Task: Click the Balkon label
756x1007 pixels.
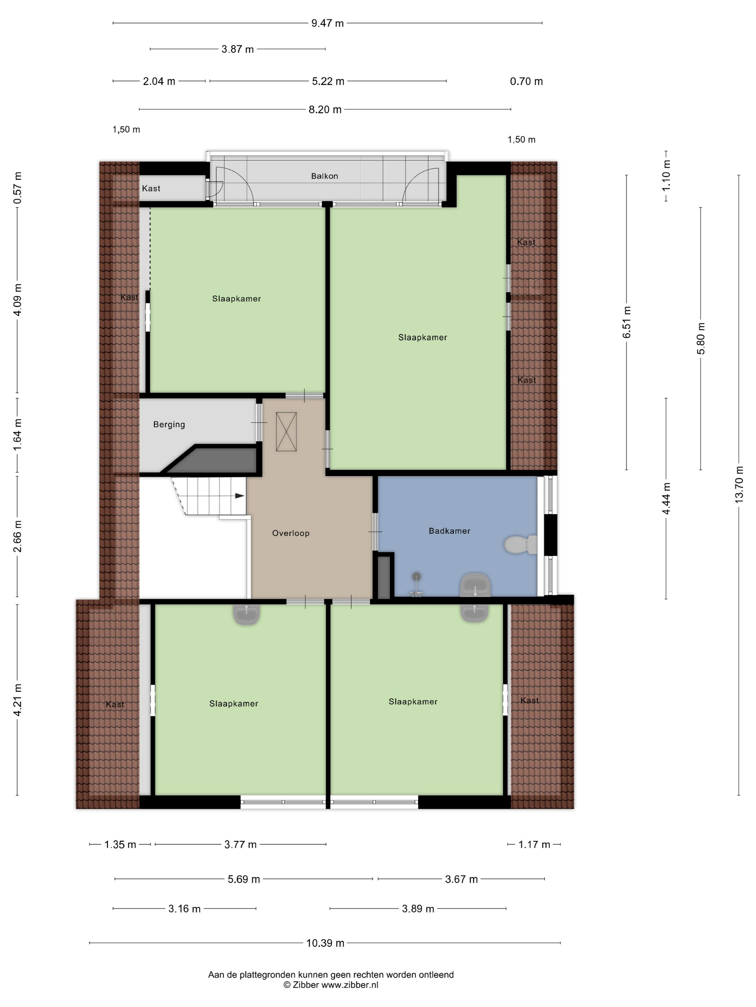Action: tap(324, 176)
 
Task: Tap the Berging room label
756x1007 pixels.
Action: tap(169, 425)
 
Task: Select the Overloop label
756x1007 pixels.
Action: tap(291, 533)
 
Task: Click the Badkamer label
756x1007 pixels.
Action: tap(449, 531)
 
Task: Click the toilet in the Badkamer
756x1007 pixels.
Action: tap(521, 544)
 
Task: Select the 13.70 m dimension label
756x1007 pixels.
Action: tap(739, 485)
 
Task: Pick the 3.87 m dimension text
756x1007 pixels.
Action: tap(237, 49)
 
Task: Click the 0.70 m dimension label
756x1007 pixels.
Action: tap(526, 82)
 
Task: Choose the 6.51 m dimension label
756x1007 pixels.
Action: tap(627, 322)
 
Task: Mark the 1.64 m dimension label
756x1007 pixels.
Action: tap(17, 435)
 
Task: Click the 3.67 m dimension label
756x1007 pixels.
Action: tap(461, 879)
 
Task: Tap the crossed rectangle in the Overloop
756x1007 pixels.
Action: tap(286, 432)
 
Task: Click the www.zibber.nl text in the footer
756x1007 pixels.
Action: tap(350, 985)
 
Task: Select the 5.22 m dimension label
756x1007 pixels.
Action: tap(328, 82)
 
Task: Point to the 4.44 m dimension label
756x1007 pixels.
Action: tap(667, 499)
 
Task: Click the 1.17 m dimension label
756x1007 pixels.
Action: tap(534, 844)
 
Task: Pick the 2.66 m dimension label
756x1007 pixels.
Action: tap(17, 536)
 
